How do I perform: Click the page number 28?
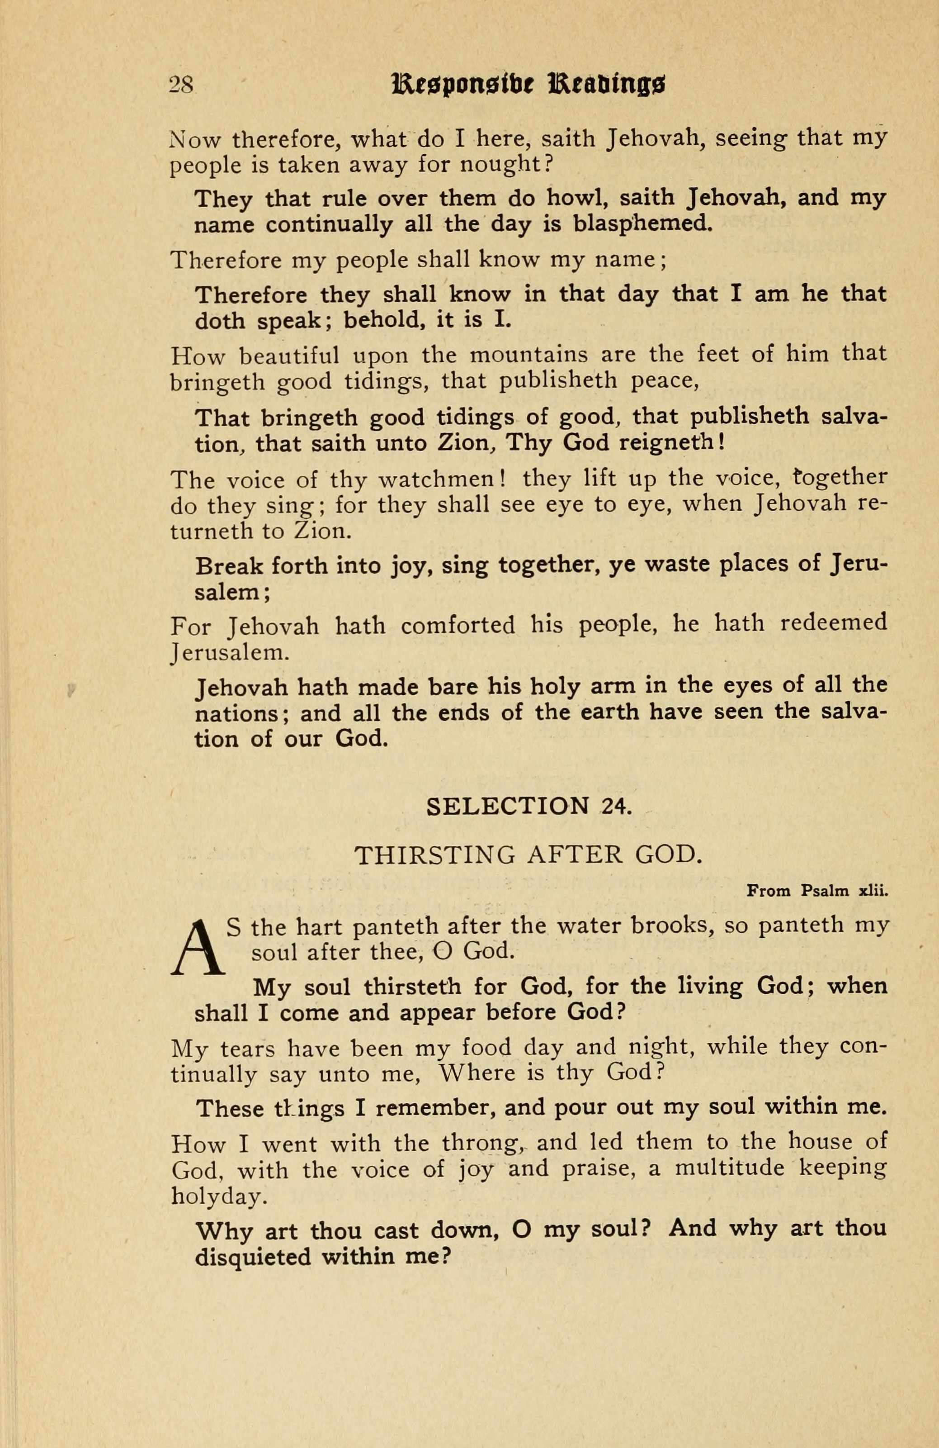click(x=181, y=85)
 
